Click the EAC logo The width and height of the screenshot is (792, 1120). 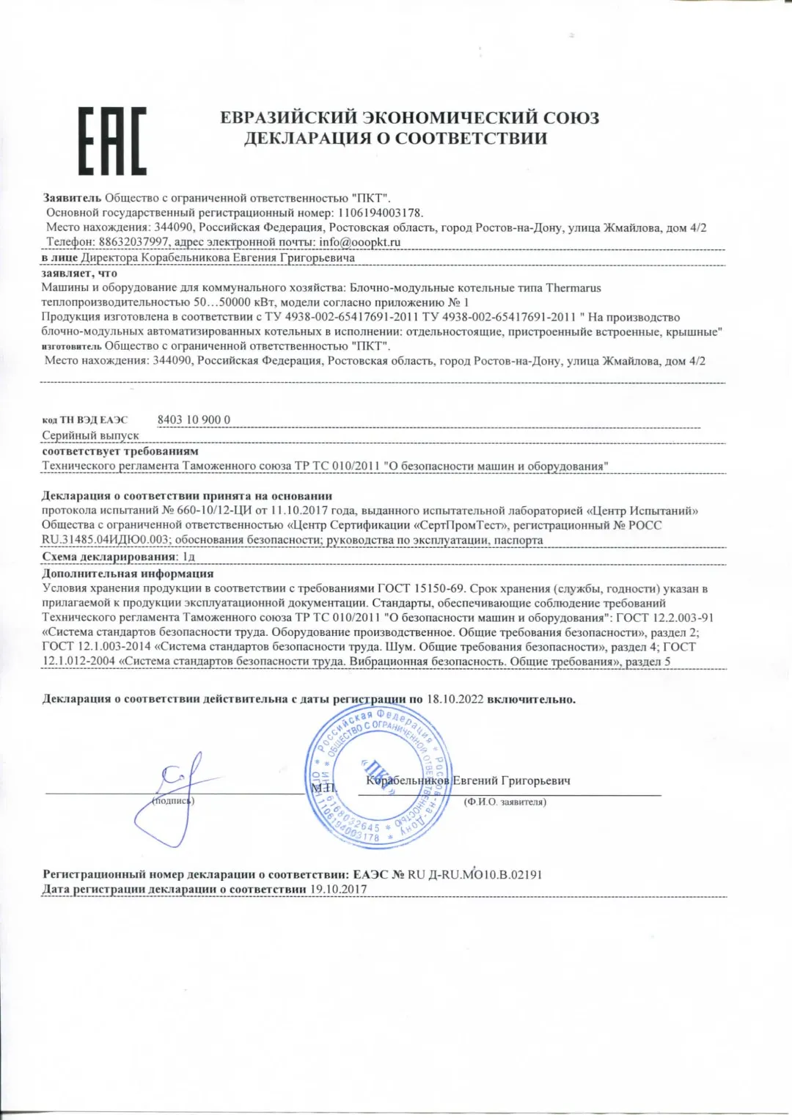tap(112, 141)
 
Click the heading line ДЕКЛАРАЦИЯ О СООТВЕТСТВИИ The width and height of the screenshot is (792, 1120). tap(395, 139)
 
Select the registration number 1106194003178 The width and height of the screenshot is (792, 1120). tap(380, 213)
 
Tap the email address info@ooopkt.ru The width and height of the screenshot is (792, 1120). tap(359, 242)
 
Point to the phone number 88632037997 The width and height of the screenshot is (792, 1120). tap(133, 242)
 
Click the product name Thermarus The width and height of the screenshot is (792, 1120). tap(573, 288)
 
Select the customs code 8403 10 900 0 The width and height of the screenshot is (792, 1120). tap(194, 420)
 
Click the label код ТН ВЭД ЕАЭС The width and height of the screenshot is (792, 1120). tap(84, 420)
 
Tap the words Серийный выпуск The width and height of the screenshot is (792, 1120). tap(90, 436)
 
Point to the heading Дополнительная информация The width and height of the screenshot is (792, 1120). tap(128, 574)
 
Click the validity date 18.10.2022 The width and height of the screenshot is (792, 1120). tap(455, 699)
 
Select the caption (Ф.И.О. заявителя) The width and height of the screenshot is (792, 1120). tap(505, 802)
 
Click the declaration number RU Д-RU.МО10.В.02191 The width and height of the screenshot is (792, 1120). tap(474, 874)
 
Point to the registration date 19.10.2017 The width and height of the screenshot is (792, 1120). tap(338, 889)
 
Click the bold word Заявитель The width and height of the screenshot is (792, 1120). tap(72, 198)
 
